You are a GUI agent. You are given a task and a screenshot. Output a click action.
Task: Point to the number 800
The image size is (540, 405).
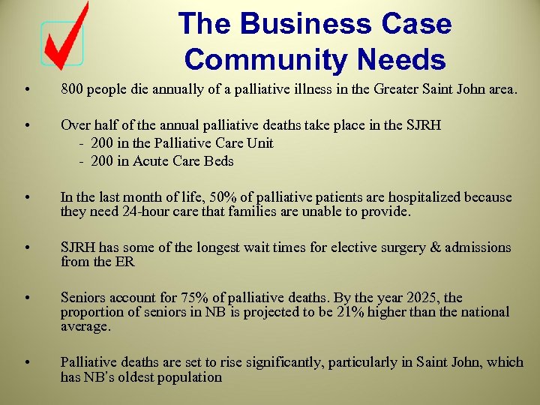click(73, 89)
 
